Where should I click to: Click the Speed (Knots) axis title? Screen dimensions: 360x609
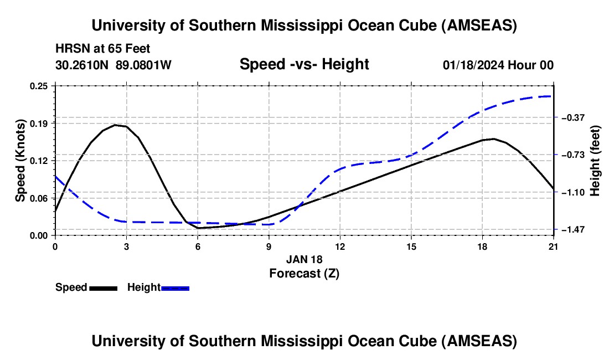20,161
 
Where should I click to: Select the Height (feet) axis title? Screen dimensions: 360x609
595,161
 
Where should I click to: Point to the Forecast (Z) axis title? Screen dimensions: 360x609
304,273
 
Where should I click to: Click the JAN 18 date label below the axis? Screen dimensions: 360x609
304,259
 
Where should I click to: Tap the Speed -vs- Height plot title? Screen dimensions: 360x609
304,65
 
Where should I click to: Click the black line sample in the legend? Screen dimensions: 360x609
103,288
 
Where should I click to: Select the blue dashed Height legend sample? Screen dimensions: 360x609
175,288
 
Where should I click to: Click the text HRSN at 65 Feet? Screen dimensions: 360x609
103,49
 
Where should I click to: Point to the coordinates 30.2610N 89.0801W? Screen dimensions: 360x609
113,65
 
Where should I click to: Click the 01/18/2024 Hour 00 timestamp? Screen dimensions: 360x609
498,65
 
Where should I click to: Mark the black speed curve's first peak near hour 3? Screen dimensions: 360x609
115,125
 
